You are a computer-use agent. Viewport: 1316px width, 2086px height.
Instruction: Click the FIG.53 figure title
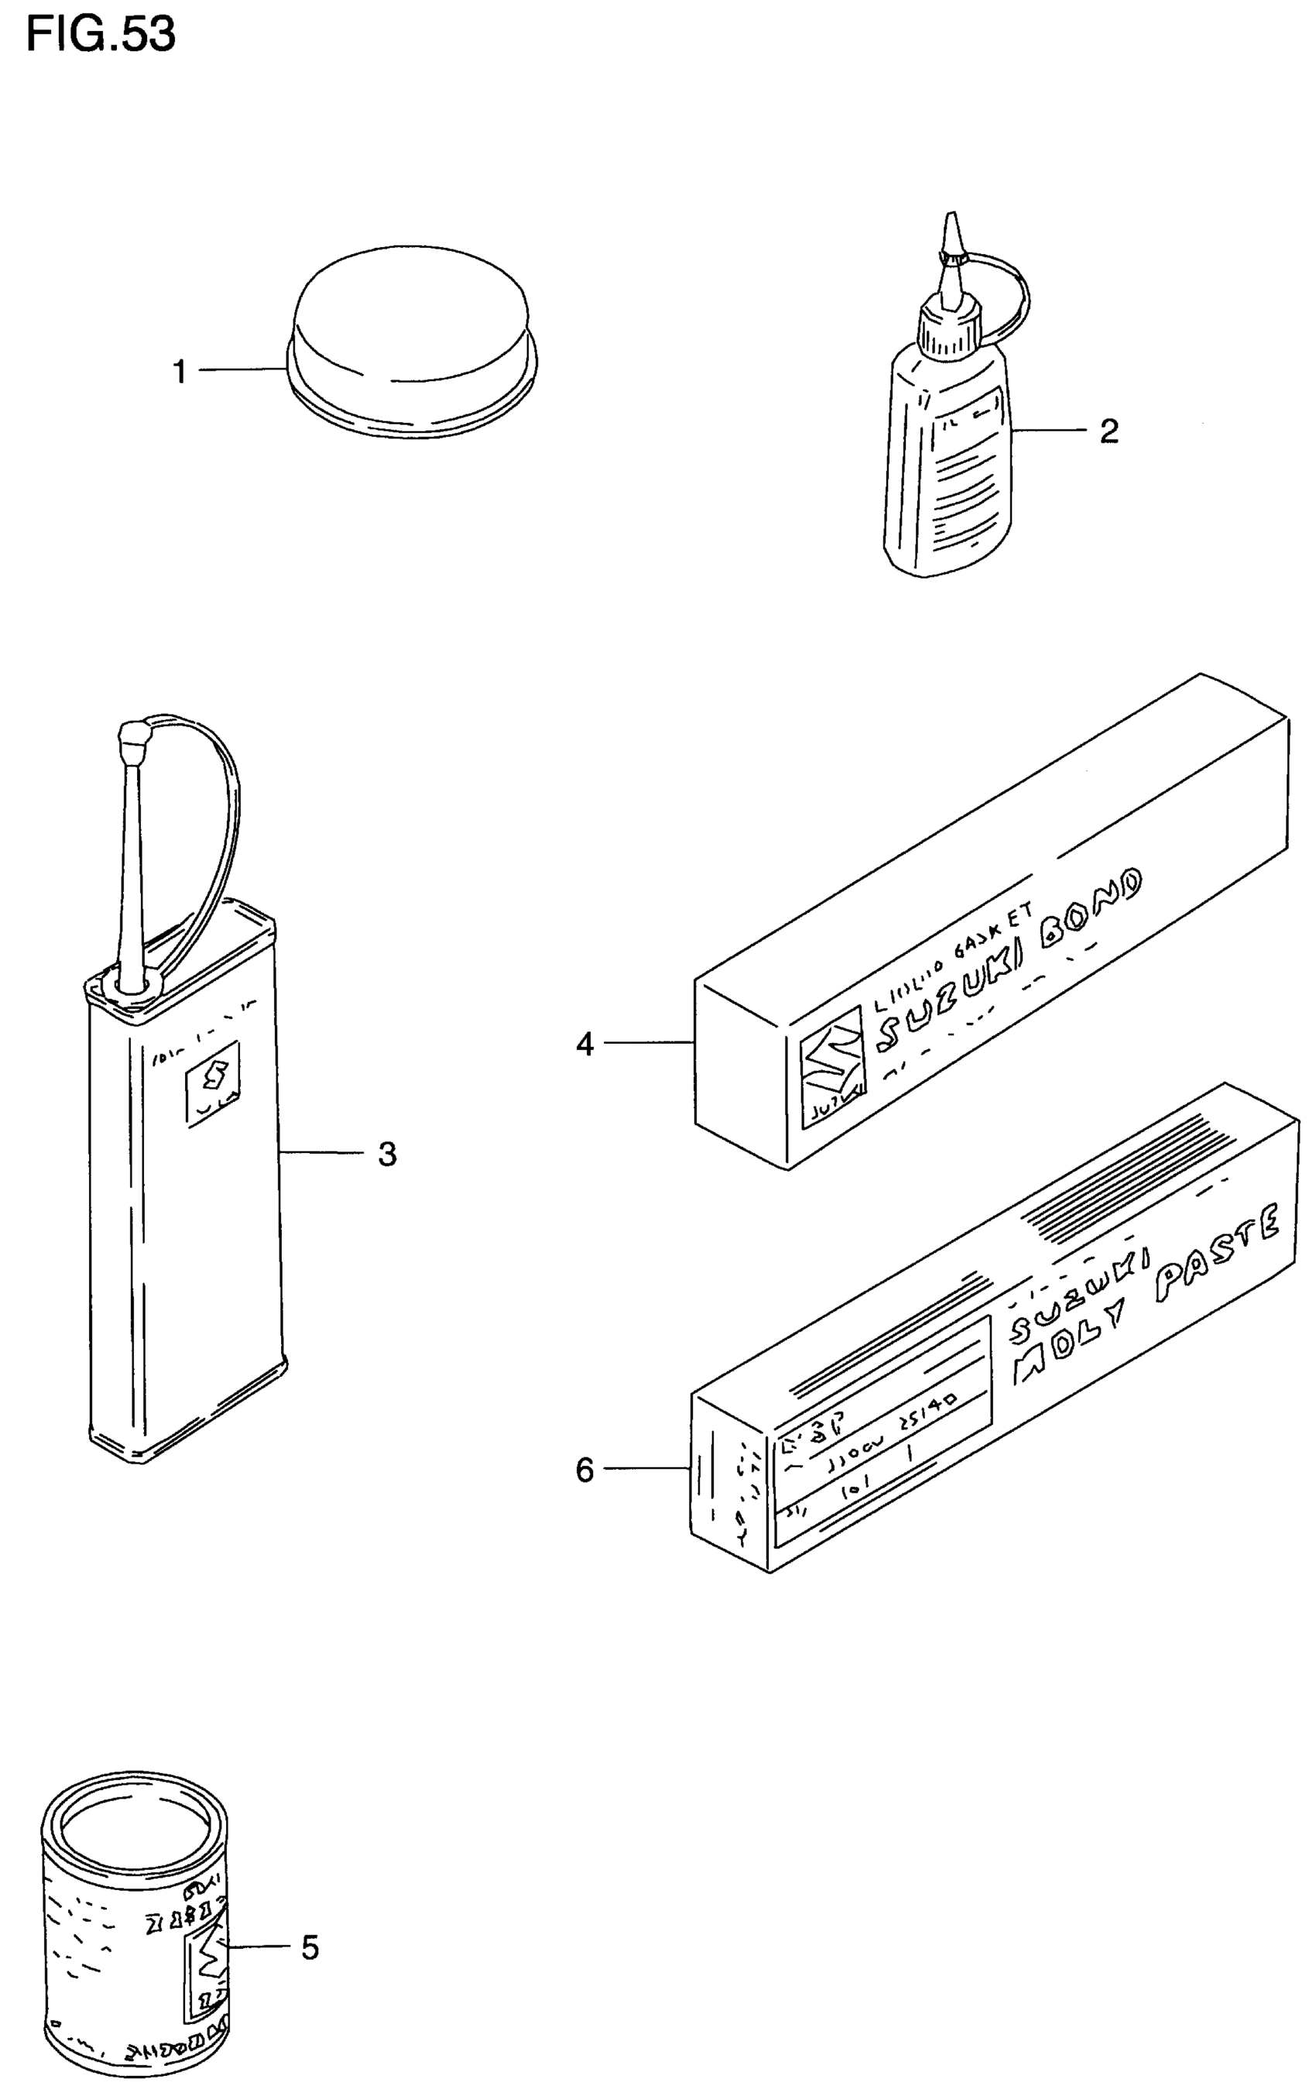pyautogui.click(x=101, y=35)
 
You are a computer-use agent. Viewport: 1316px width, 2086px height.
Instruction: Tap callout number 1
pyautogui.click(x=180, y=372)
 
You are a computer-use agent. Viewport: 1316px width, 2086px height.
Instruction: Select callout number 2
pyautogui.click(x=1109, y=431)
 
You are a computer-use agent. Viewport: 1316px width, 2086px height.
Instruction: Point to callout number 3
pyautogui.click(x=387, y=1154)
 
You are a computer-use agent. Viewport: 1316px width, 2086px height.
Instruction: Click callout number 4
pyautogui.click(x=585, y=1045)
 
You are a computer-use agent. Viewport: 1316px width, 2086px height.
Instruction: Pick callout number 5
pyautogui.click(x=310, y=1947)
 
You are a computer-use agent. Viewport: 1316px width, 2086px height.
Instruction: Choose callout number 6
pyautogui.click(x=585, y=1470)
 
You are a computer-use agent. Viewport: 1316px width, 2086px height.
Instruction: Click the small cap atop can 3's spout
pyautogui.click(x=133, y=738)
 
